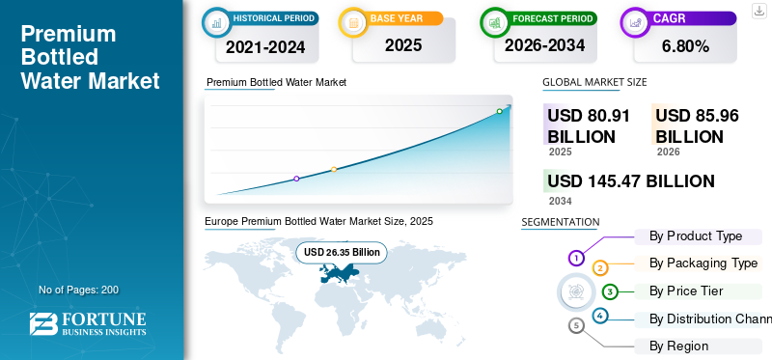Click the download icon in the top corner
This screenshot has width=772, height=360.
[758, 11]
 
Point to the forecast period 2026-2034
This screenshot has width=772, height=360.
[544, 45]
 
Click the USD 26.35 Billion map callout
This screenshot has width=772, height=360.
[343, 252]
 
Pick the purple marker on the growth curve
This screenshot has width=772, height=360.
[296, 179]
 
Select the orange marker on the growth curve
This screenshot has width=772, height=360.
[334, 169]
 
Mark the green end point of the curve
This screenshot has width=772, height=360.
[499, 111]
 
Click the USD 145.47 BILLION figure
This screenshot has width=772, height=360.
[630, 181]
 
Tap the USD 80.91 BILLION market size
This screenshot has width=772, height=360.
[589, 125]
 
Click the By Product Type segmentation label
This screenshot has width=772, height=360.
[696, 236]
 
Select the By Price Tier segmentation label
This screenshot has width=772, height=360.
[686, 291]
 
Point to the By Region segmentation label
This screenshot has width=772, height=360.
[678, 346]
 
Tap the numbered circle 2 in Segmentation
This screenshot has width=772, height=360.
[600, 268]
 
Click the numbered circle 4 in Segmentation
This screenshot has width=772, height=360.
[600, 316]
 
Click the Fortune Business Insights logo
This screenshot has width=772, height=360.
[88, 324]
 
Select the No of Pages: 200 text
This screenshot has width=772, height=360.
[78, 290]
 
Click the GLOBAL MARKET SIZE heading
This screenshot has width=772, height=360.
[594, 82]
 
